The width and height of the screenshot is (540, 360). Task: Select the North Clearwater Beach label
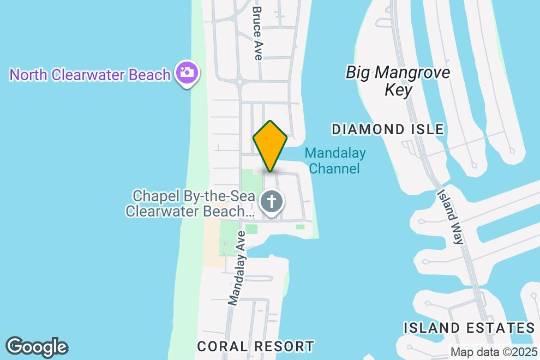point(90,75)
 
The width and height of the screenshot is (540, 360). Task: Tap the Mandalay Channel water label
point(334,161)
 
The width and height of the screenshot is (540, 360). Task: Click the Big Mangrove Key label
point(398,81)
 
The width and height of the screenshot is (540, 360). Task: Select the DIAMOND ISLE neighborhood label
point(388,129)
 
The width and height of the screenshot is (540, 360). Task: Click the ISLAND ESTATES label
point(469,328)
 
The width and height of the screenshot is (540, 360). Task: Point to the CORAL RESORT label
point(256,346)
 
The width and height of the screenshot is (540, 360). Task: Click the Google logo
point(37,347)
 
